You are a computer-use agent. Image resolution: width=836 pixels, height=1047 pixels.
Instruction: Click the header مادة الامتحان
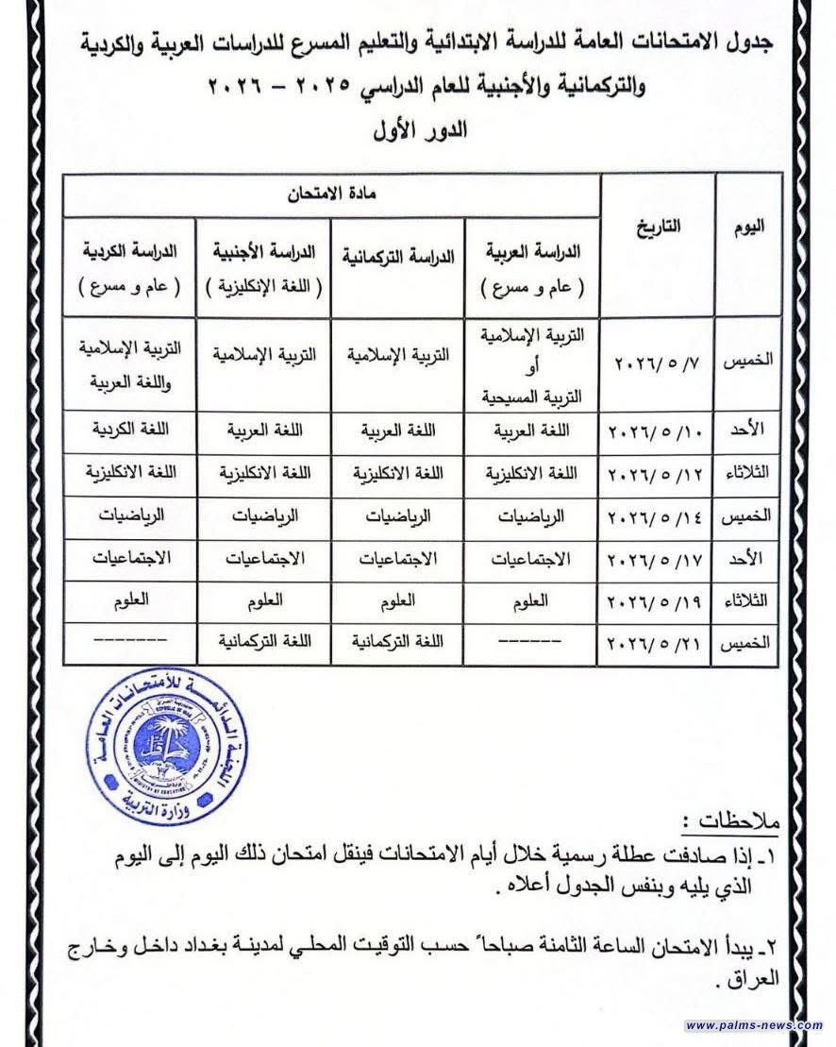(x=332, y=193)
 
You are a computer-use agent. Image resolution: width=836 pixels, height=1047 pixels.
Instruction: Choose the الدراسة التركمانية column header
(x=398, y=256)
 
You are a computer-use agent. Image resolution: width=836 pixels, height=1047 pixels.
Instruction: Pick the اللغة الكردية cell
(x=130, y=431)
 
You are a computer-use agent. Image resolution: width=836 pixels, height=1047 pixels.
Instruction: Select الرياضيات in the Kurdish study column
(x=130, y=515)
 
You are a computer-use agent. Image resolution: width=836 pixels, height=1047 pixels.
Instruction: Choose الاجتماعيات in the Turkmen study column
(x=398, y=558)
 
